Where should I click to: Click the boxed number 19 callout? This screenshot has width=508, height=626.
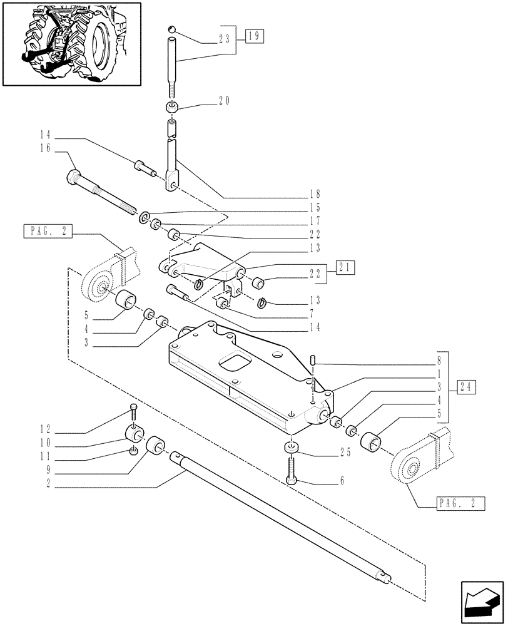click(255, 36)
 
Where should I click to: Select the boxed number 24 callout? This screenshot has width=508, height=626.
click(467, 386)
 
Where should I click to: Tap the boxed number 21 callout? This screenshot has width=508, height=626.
click(345, 267)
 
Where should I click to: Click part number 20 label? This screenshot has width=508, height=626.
click(224, 101)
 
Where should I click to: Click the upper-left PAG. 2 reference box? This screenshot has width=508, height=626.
click(47, 232)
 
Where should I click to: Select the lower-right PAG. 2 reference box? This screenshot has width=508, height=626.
click(455, 502)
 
